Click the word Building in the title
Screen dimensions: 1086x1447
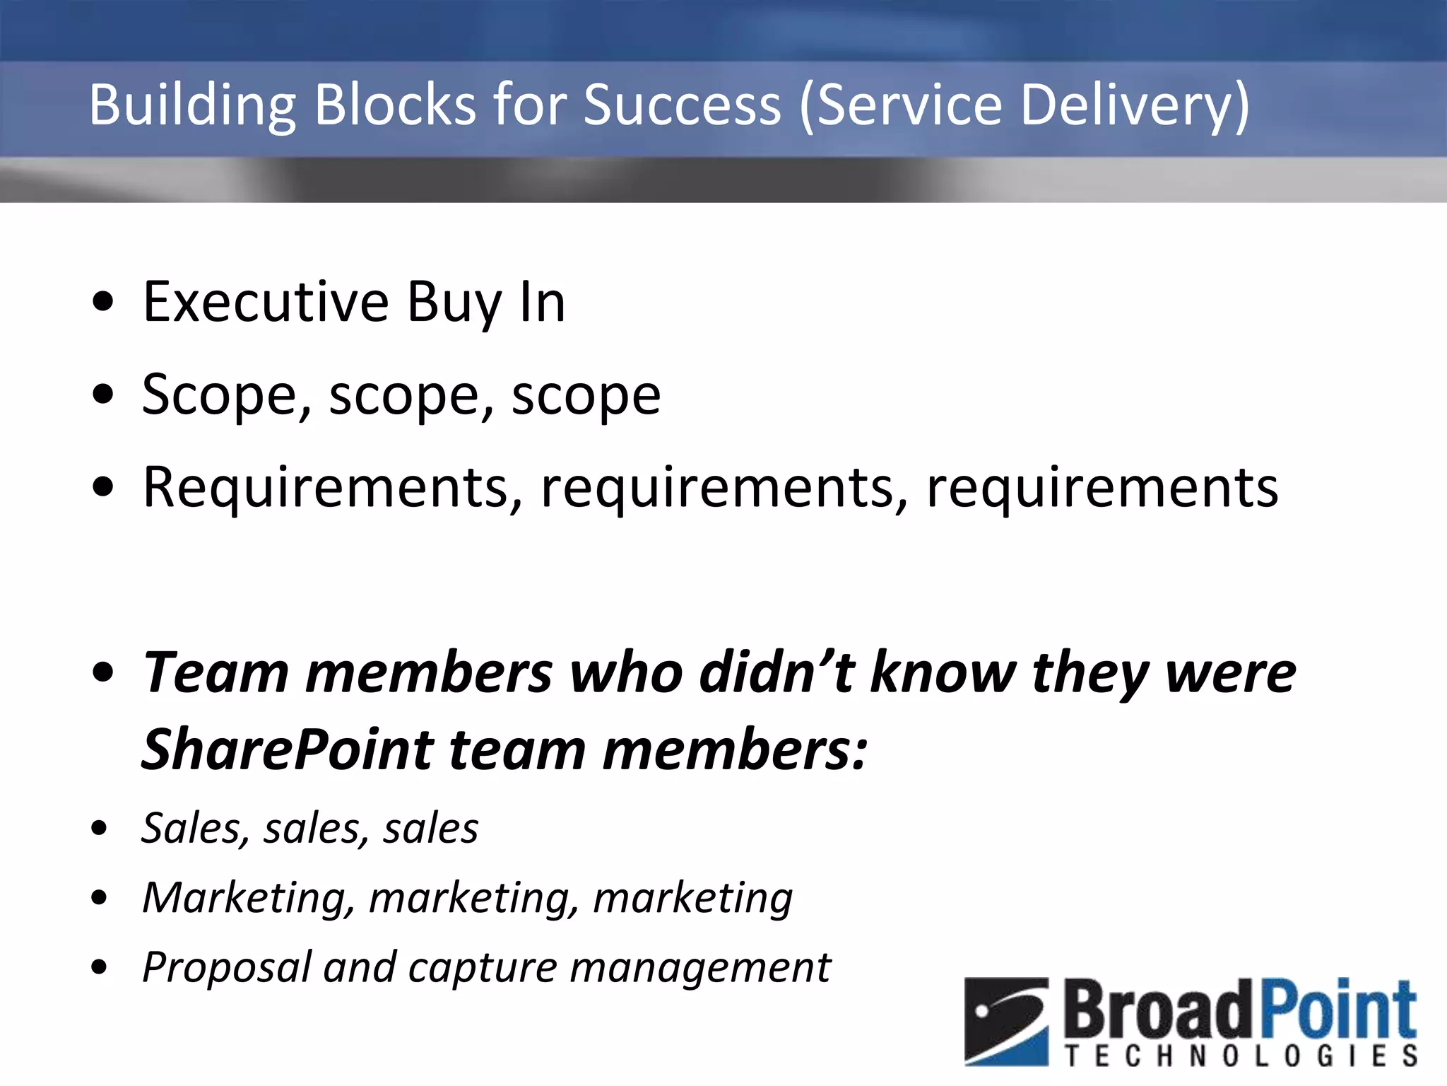[x=191, y=106]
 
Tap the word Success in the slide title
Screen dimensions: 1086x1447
[x=683, y=105]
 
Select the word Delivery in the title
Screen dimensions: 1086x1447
[x=1135, y=106]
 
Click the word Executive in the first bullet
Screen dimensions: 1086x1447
[x=266, y=302]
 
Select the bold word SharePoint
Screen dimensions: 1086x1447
[x=288, y=749]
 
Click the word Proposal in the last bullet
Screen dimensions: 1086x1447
[x=226, y=967]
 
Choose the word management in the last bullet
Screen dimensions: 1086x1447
[x=700, y=967]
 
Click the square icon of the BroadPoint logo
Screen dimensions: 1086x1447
[x=1006, y=1021]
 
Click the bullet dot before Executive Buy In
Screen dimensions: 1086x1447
[x=103, y=302]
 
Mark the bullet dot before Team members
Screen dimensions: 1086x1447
[x=103, y=672]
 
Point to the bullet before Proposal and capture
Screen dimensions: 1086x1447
[x=100, y=967]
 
